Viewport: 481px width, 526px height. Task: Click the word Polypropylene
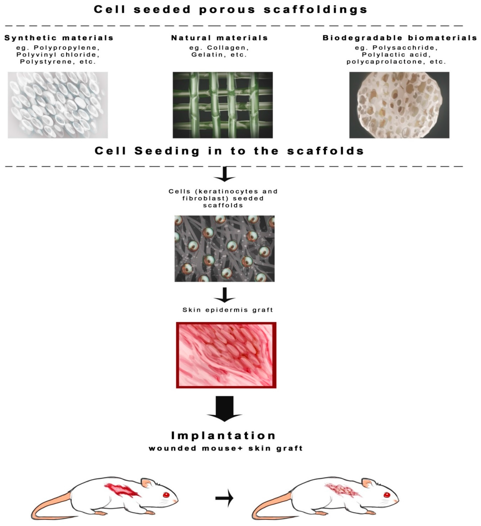65,48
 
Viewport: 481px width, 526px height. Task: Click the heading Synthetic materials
59,38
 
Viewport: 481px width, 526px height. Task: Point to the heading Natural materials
219,38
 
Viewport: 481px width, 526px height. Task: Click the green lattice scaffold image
223,105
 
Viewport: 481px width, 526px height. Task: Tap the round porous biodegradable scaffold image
399,105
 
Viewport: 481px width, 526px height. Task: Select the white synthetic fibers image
58,105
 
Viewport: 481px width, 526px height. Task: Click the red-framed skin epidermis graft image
226,355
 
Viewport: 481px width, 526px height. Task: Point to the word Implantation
224,435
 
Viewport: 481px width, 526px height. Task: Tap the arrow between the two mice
224,498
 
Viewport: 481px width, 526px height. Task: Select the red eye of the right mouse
387,495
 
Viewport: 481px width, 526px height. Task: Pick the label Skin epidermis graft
228,310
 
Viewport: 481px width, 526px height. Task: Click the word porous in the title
227,10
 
